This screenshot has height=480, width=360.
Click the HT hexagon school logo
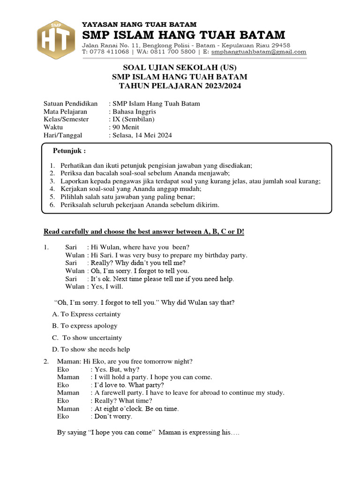(x=56, y=40)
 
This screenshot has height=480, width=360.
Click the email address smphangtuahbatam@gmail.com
(x=259, y=52)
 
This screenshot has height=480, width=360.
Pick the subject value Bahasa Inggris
(x=134, y=112)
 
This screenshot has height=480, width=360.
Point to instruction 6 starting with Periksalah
(x=139, y=205)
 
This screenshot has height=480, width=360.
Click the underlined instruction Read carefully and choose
(x=144, y=232)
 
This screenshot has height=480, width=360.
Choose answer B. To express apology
(x=85, y=326)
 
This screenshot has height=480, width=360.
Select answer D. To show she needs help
(x=91, y=349)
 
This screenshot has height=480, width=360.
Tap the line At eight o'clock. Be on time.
(x=136, y=408)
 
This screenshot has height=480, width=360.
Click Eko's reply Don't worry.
(x=113, y=416)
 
